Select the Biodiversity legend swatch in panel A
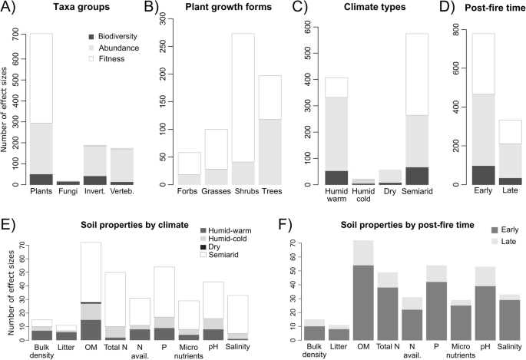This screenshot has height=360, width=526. coord(91,35)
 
